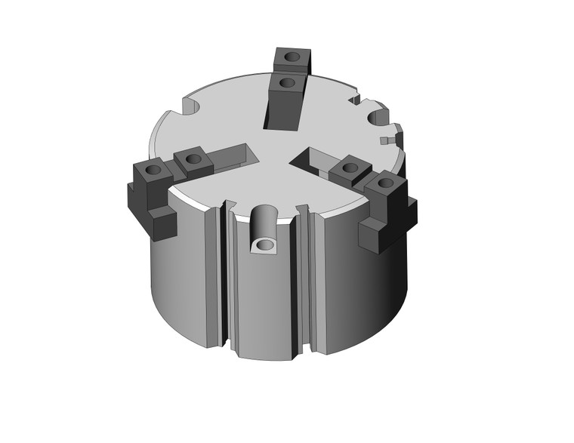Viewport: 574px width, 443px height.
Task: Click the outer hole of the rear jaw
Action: [x=291, y=57]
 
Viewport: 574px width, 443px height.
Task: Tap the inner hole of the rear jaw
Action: [x=285, y=81]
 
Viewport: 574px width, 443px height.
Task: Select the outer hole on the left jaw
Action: [x=153, y=171]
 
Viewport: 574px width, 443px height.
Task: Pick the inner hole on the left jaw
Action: [x=193, y=159]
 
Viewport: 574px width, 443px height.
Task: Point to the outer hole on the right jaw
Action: [x=384, y=183]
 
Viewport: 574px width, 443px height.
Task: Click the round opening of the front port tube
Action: [x=263, y=245]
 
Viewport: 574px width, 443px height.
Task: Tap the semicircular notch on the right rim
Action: [x=377, y=118]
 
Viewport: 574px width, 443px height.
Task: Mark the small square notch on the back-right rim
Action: [x=354, y=98]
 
